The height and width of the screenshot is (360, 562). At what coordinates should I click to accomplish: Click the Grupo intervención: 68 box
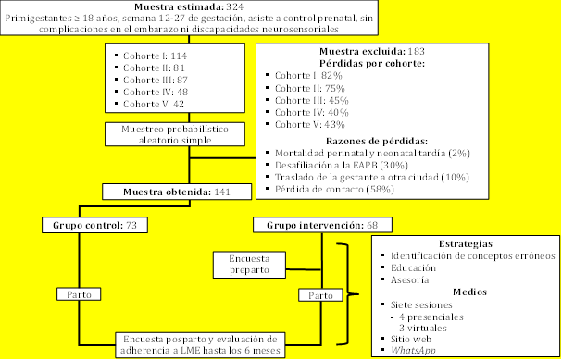click(321, 225)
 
